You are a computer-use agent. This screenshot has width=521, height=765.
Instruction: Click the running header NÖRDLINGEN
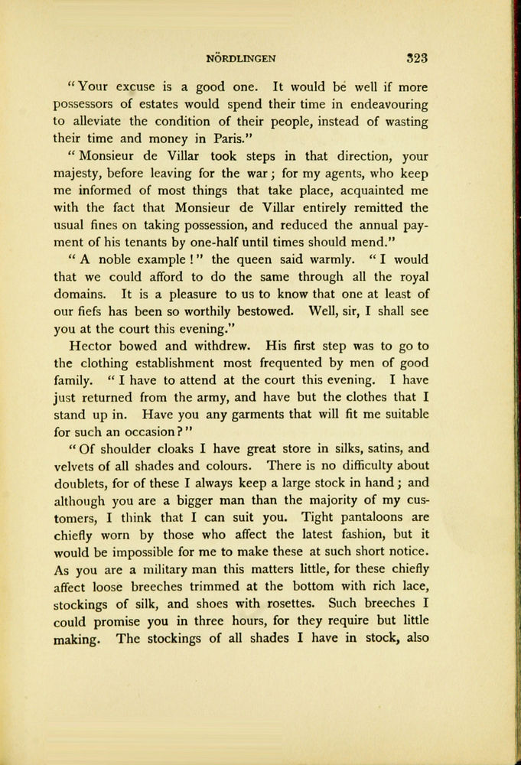pyautogui.click(x=241, y=57)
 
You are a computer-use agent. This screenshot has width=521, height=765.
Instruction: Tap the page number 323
pyautogui.click(x=416, y=57)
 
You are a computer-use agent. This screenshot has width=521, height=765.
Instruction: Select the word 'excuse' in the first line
pyautogui.click(x=137, y=87)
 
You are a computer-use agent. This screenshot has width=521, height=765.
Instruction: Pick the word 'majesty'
pyautogui.click(x=81, y=174)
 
